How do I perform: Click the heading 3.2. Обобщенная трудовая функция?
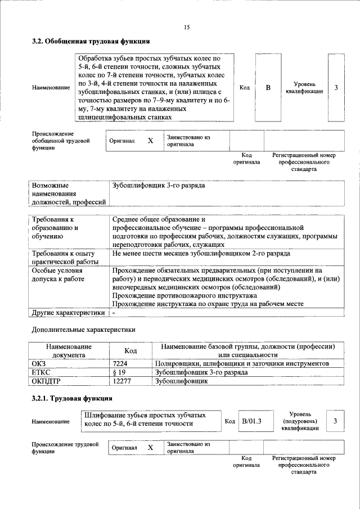click(90, 41)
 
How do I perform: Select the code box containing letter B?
click(268, 88)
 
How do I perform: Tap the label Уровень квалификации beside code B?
click(304, 88)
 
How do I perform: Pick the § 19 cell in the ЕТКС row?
click(119, 372)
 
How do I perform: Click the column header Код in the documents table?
click(130, 351)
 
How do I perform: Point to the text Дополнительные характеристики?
click(83, 329)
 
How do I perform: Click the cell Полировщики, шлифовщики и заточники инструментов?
click(242, 364)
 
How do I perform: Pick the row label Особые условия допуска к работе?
click(59, 274)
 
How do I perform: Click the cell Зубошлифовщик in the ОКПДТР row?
click(181, 381)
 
